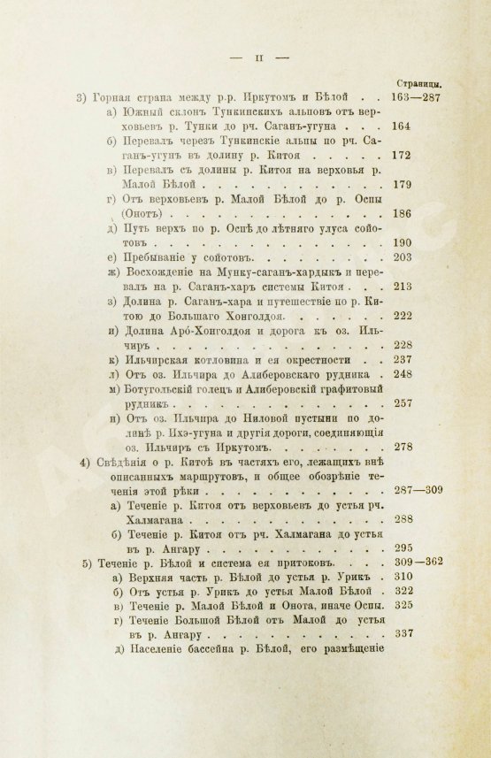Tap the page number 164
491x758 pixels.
coord(403,126)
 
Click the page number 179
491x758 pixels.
coord(403,185)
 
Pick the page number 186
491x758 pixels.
coord(403,214)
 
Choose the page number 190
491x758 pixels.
coord(403,242)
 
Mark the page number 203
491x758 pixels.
coord(403,257)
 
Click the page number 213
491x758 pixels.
coord(403,287)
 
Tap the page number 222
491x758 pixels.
coord(403,316)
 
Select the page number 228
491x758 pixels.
coord(403,345)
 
